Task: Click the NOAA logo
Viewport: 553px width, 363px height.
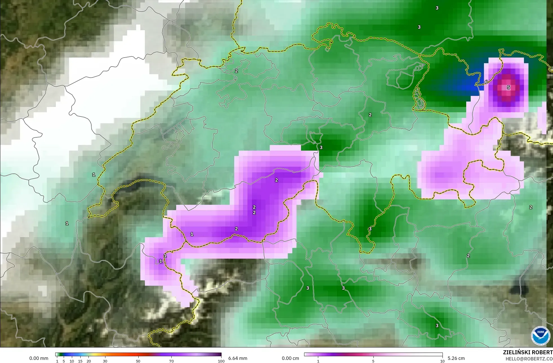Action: (x=540, y=336)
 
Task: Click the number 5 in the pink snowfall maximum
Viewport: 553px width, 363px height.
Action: (x=508, y=87)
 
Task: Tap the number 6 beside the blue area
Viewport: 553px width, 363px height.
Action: (x=486, y=82)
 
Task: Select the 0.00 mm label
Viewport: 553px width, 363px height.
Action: (x=39, y=358)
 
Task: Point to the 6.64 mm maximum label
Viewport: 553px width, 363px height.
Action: (x=238, y=358)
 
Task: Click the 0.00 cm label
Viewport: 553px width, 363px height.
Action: (x=290, y=358)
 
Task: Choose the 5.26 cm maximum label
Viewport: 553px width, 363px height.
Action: (x=456, y=358)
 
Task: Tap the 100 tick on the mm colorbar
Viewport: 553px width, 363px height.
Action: (x=221, y=361)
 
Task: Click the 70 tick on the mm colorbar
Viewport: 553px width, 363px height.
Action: (x=171, y=361)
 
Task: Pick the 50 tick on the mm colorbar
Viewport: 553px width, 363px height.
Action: (x=138, y=361)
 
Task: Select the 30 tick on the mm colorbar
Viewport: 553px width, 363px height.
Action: (x=105, y=361)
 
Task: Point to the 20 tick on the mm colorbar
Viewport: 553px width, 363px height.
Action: (x=89, y=361)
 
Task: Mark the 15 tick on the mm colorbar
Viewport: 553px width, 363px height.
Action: (x=80, y=361)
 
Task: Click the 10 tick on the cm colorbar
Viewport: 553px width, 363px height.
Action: (x=442, y=361)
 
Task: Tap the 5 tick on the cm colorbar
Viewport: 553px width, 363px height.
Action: (x=373, y=361)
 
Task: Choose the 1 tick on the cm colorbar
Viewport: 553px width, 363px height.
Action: (x=318, y=361)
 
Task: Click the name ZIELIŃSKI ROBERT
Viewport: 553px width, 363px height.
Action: (x=528, y=352)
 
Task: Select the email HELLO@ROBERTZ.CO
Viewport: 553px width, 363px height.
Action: (x=529, y=359)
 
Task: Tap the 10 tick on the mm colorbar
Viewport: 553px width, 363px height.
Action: (x=72, y=361)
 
